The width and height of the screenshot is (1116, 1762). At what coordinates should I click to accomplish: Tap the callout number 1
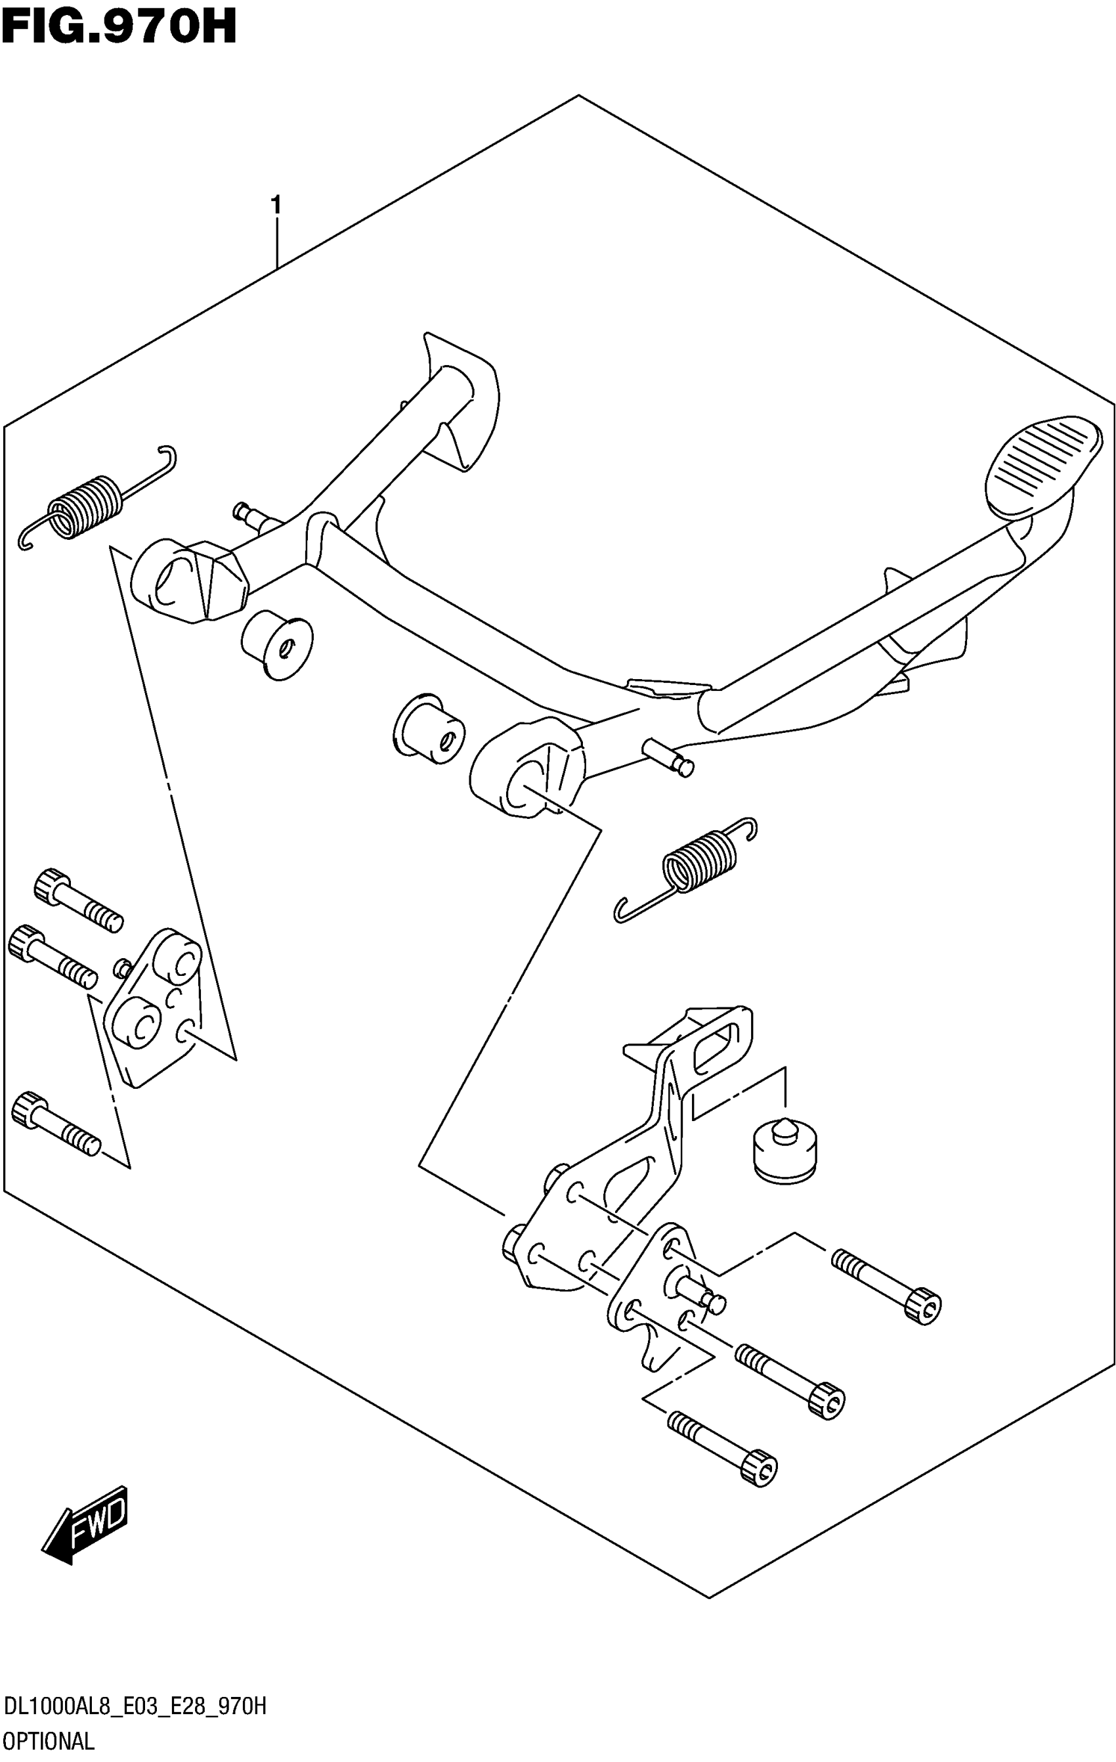[x=276, y=205]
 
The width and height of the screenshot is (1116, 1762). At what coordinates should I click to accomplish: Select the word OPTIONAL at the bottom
[x=49, y=1742]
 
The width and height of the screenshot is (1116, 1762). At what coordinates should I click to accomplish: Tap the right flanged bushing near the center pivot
[x=430, y=728]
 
